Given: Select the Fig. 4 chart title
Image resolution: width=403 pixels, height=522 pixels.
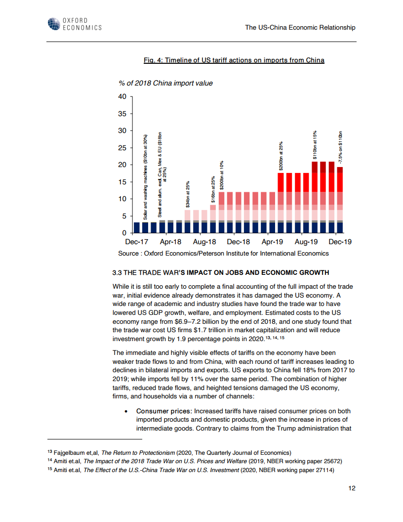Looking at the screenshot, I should pyautogui.click(x=234, y=60).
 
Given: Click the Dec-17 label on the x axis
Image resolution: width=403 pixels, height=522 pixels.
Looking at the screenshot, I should pyautogui.click(x=137, y=242).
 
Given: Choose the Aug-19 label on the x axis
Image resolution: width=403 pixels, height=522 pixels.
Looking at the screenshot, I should pyautogui.click(x=306, y=242).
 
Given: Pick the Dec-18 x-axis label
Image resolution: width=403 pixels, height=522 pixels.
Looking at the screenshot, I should pyautogui.click(x=239, y=242).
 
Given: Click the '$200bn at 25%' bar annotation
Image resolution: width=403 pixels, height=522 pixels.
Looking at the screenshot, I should pyautogui.click(x=281, y=156).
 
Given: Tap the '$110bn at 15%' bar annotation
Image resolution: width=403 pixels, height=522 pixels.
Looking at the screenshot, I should pyautogui.click(x=315, y=143).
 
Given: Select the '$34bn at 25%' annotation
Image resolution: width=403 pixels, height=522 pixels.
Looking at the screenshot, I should pyautogui.click(x=187, y=194).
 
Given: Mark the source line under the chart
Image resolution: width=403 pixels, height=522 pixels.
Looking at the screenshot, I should pyautogui.click(x=223, y=254).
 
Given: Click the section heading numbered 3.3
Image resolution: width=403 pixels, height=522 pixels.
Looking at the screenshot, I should pyautogui.click(x=220, y=273).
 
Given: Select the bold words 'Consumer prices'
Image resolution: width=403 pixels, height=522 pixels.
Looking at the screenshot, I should pyautogui.click(x=163, y=411).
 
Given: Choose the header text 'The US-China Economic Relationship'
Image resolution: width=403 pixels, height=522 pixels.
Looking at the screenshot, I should pyautogui.click(x=300, y=28).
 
